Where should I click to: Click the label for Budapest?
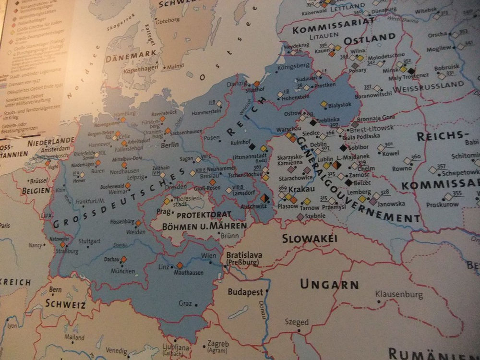[x=245, y=291]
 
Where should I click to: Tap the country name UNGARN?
[x=329, y=284]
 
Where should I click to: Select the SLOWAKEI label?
[x=310, y=239]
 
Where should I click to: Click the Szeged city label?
[x=297, y=322]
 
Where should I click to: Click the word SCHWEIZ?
[x=65, y=304]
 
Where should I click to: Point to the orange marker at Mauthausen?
[x=180, y=265]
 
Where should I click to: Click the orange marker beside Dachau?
[x=124, y=259]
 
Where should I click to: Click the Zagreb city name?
[x=218, y=344]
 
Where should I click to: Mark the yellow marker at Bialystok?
[x=324, y=104]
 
